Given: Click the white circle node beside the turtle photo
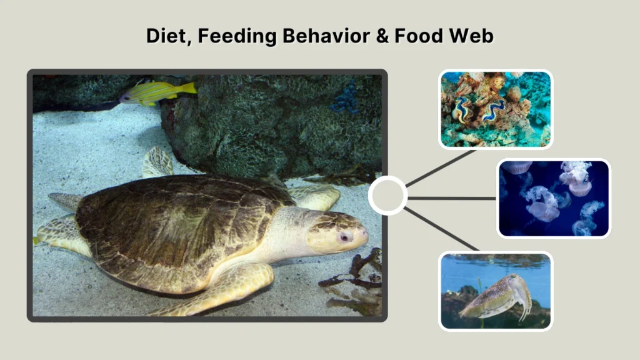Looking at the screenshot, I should tap(387, 196).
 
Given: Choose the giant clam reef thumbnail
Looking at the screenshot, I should tap(496, 109).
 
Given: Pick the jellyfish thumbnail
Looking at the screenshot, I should tap(553, 198).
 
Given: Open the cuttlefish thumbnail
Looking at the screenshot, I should tap(496, 290).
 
